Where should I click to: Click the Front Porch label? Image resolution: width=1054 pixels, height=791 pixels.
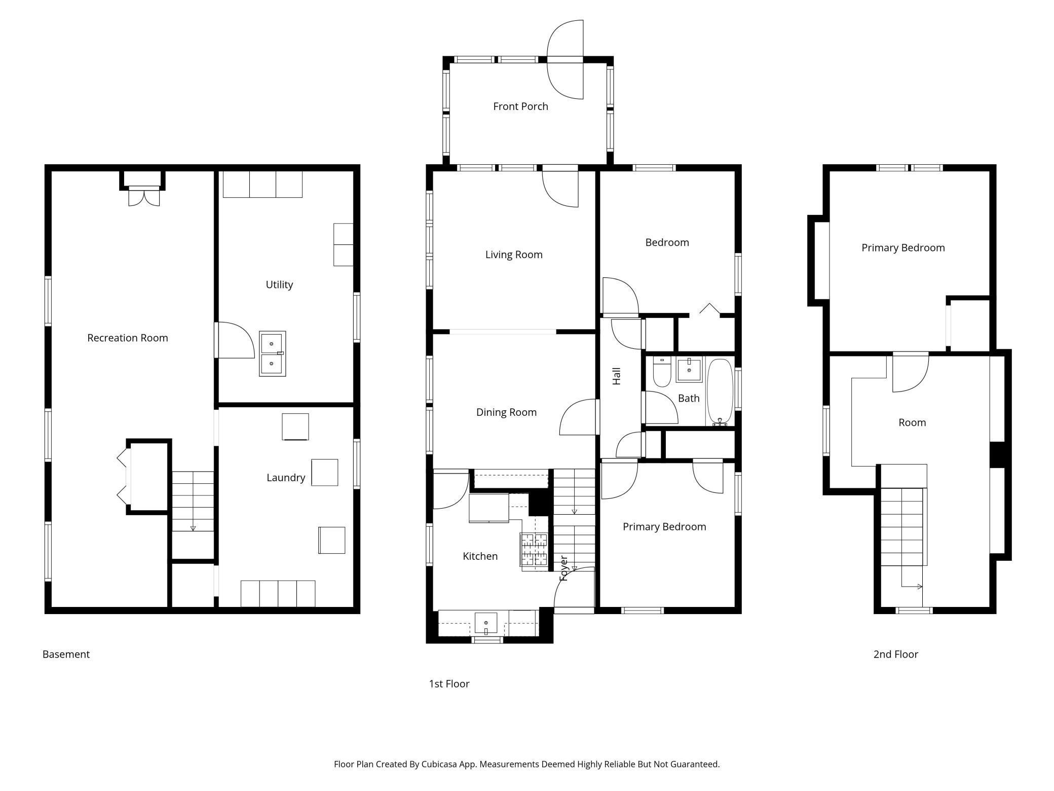(x=520, y=106)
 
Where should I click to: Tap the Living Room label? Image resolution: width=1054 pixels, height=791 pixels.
(x=514, y=255)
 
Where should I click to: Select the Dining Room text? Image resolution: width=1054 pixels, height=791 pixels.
(x=506, y=412)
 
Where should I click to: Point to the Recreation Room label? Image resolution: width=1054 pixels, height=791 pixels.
(x=128, y=338)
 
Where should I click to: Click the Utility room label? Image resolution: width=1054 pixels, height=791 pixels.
(x=279, y=284)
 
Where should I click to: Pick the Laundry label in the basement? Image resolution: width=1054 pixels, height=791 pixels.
(x=286, y=478)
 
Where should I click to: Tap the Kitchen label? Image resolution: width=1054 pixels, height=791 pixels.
(x=480, y=556)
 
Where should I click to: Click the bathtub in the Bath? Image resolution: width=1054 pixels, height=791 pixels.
(x=720, y=392)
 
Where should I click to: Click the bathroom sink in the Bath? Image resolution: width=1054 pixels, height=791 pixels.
(x=689, y=370)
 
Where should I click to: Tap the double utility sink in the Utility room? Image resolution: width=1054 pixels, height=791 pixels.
(x=273, y=353)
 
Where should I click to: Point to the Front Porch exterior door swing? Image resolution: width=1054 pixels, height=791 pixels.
(x=565, y=59)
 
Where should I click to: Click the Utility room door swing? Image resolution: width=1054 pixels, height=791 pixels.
(x=235, y=340)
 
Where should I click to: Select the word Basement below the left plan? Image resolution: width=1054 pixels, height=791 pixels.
(x=66, y=654)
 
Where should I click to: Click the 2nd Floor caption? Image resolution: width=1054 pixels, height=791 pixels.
(x=896, y=654)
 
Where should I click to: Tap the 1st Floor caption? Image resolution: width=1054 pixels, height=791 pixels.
(x=449, y=684)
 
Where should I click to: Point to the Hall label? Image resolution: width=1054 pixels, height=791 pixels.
(x=617, y=376)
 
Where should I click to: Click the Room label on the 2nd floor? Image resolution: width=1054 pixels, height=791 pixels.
(x=912, y=422)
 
